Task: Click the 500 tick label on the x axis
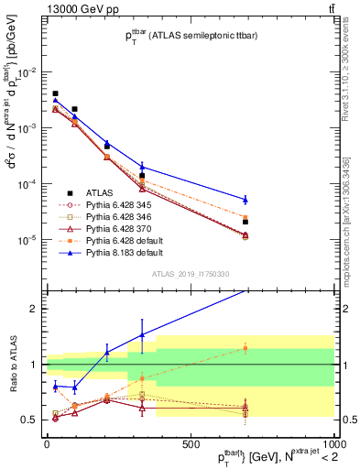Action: tap(190, 442)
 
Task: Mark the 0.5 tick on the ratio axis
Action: tap(29, 420)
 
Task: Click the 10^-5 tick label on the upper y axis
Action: tap(27, 239)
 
